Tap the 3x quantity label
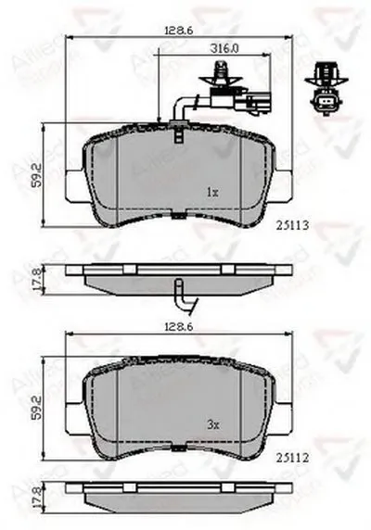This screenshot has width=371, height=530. point(211,424)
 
